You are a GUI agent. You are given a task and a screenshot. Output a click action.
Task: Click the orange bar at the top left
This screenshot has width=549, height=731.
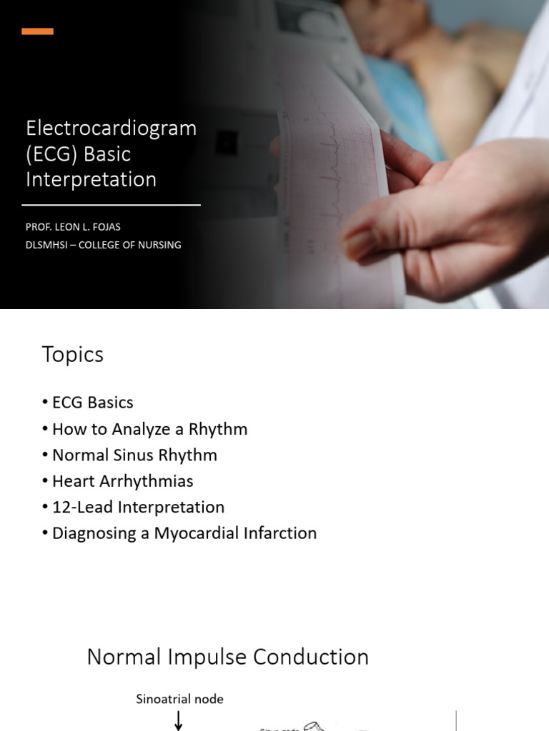(37, 31)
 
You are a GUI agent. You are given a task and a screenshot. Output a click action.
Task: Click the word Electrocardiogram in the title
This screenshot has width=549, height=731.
(111, 128)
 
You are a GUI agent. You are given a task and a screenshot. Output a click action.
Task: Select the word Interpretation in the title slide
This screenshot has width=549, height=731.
(91, 179)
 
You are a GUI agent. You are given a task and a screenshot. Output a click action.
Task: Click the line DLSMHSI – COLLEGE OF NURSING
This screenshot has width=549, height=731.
(103, 245)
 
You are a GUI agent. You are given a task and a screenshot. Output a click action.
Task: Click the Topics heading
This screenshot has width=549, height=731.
(72, 354)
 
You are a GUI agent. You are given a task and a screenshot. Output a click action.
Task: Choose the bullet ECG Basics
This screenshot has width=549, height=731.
(92, 403)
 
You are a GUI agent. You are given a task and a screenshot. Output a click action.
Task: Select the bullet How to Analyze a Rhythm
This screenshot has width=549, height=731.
(149, 429)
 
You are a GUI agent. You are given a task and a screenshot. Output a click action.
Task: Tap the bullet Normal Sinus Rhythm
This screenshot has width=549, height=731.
(134, 455)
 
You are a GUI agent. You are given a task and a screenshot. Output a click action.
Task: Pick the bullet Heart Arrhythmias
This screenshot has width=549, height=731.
(122, 481)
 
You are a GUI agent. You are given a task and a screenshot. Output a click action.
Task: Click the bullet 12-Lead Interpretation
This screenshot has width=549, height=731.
(138, 508)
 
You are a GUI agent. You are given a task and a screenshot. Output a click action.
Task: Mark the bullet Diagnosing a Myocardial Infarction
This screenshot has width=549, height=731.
(184, 533)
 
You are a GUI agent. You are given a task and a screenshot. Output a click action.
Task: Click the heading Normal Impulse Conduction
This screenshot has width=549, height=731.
(227, 657)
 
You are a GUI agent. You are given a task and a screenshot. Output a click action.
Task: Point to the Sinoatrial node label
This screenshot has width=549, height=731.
(179, 700)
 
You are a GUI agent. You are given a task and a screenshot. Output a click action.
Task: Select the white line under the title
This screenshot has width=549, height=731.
(111, 205)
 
